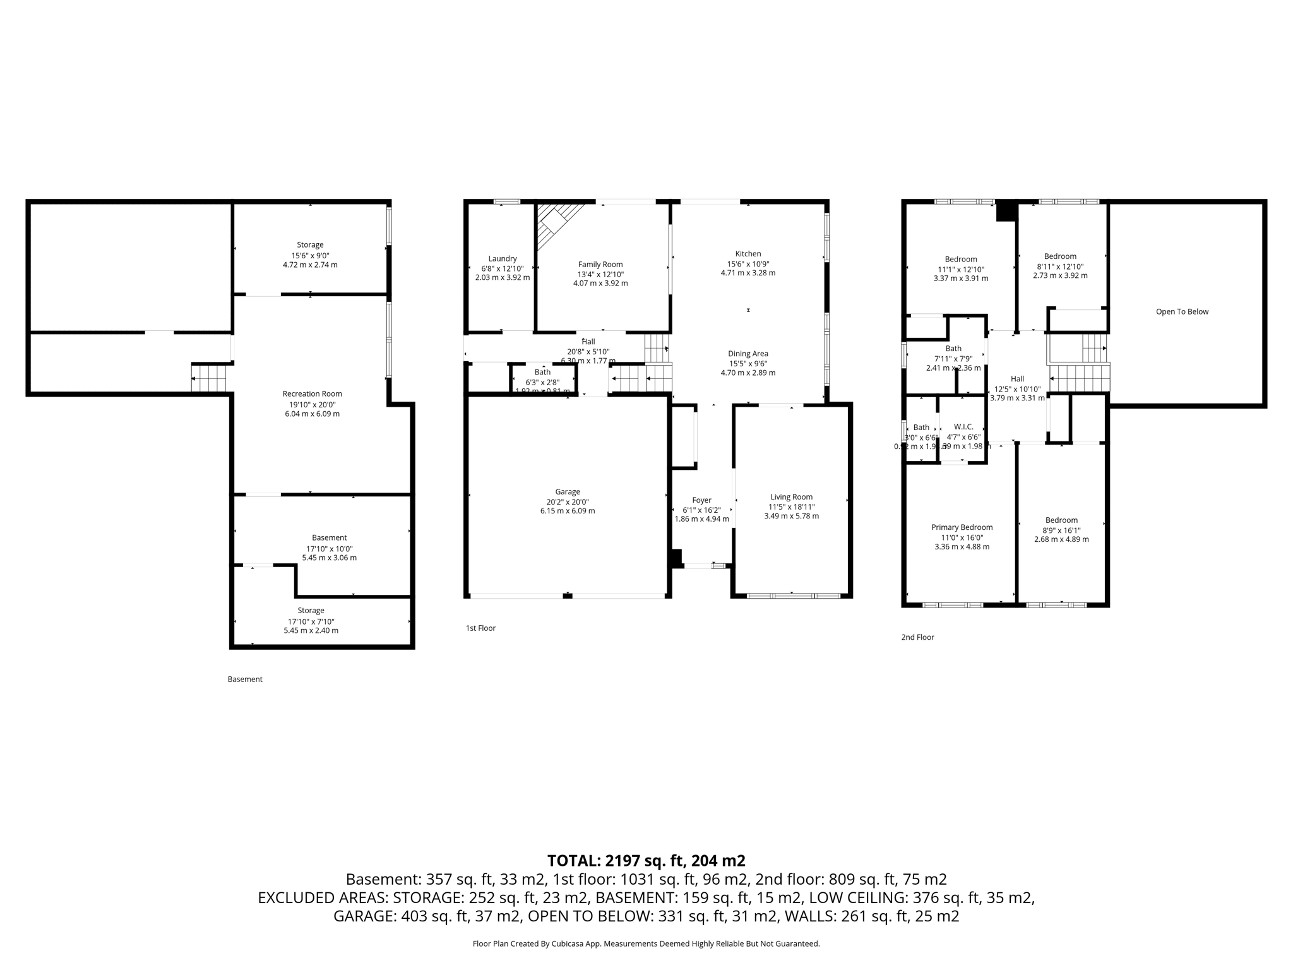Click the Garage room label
[568, 492]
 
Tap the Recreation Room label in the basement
[312, 394]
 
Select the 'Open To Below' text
[1182, 311]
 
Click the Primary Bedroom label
[962, 527]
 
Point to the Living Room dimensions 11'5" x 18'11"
[791, 506]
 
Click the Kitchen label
[748, 254]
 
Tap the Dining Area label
[748, 354]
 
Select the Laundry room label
[503, 258]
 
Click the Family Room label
[600, 265]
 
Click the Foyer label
[701, 500]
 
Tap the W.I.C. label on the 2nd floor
[963, 427]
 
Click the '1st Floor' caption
[480, 628]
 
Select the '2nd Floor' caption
[917, 637]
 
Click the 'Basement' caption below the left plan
[245, 680]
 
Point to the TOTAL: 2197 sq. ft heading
[646, 861]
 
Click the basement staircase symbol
[209, 378]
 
